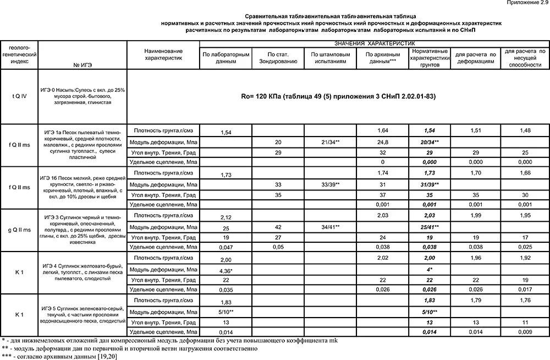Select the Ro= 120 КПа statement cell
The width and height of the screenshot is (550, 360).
(x=338, y=96)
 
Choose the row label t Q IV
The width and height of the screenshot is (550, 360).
(x=20, y=96)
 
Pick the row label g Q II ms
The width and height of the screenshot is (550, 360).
(x=20, y=230)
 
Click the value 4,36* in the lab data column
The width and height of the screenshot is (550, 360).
(x=225, y=271)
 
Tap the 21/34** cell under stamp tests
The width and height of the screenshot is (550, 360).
(x=330, y=143)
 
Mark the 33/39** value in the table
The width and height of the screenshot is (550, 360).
(x=330, y=184)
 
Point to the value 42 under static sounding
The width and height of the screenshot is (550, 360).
(x=278, y=226)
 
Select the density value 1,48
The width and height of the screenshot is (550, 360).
(x=525, y=130)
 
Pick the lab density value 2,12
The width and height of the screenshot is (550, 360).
(x=225, y=217)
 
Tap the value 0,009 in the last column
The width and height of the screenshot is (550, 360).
(x=525, y=332)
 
